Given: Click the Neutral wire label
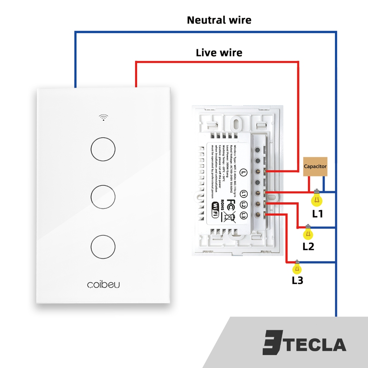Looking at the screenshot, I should point(219,20).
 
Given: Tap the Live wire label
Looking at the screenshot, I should point(219,53).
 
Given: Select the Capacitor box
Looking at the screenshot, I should point(315,166).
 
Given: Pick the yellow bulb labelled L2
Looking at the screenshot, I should point(308,234).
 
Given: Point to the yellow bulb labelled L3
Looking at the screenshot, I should point(297,268).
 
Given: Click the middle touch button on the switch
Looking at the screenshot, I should point(103,197).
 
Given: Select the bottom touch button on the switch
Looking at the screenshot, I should point(103,246).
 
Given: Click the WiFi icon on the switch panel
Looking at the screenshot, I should point(103,118).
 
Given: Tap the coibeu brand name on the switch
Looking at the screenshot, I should point(103,285).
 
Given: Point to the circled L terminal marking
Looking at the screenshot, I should point(244,172).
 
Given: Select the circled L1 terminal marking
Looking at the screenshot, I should point(244,194).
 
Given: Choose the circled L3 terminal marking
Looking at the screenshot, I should point(244,216).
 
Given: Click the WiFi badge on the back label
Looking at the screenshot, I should point(215,210).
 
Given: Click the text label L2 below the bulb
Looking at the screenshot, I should point(308,247).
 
